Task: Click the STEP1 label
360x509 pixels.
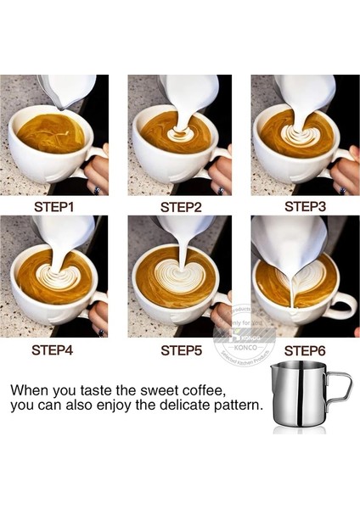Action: click(56, 206)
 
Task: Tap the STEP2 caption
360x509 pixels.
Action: click(181, 206)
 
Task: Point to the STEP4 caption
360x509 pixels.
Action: click(56, 349)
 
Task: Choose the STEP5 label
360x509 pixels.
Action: click(180, 349)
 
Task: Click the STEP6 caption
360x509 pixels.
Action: click(305, 350)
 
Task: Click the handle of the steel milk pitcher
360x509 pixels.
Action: click(340, 389)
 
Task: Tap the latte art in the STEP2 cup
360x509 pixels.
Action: click(179, 132)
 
